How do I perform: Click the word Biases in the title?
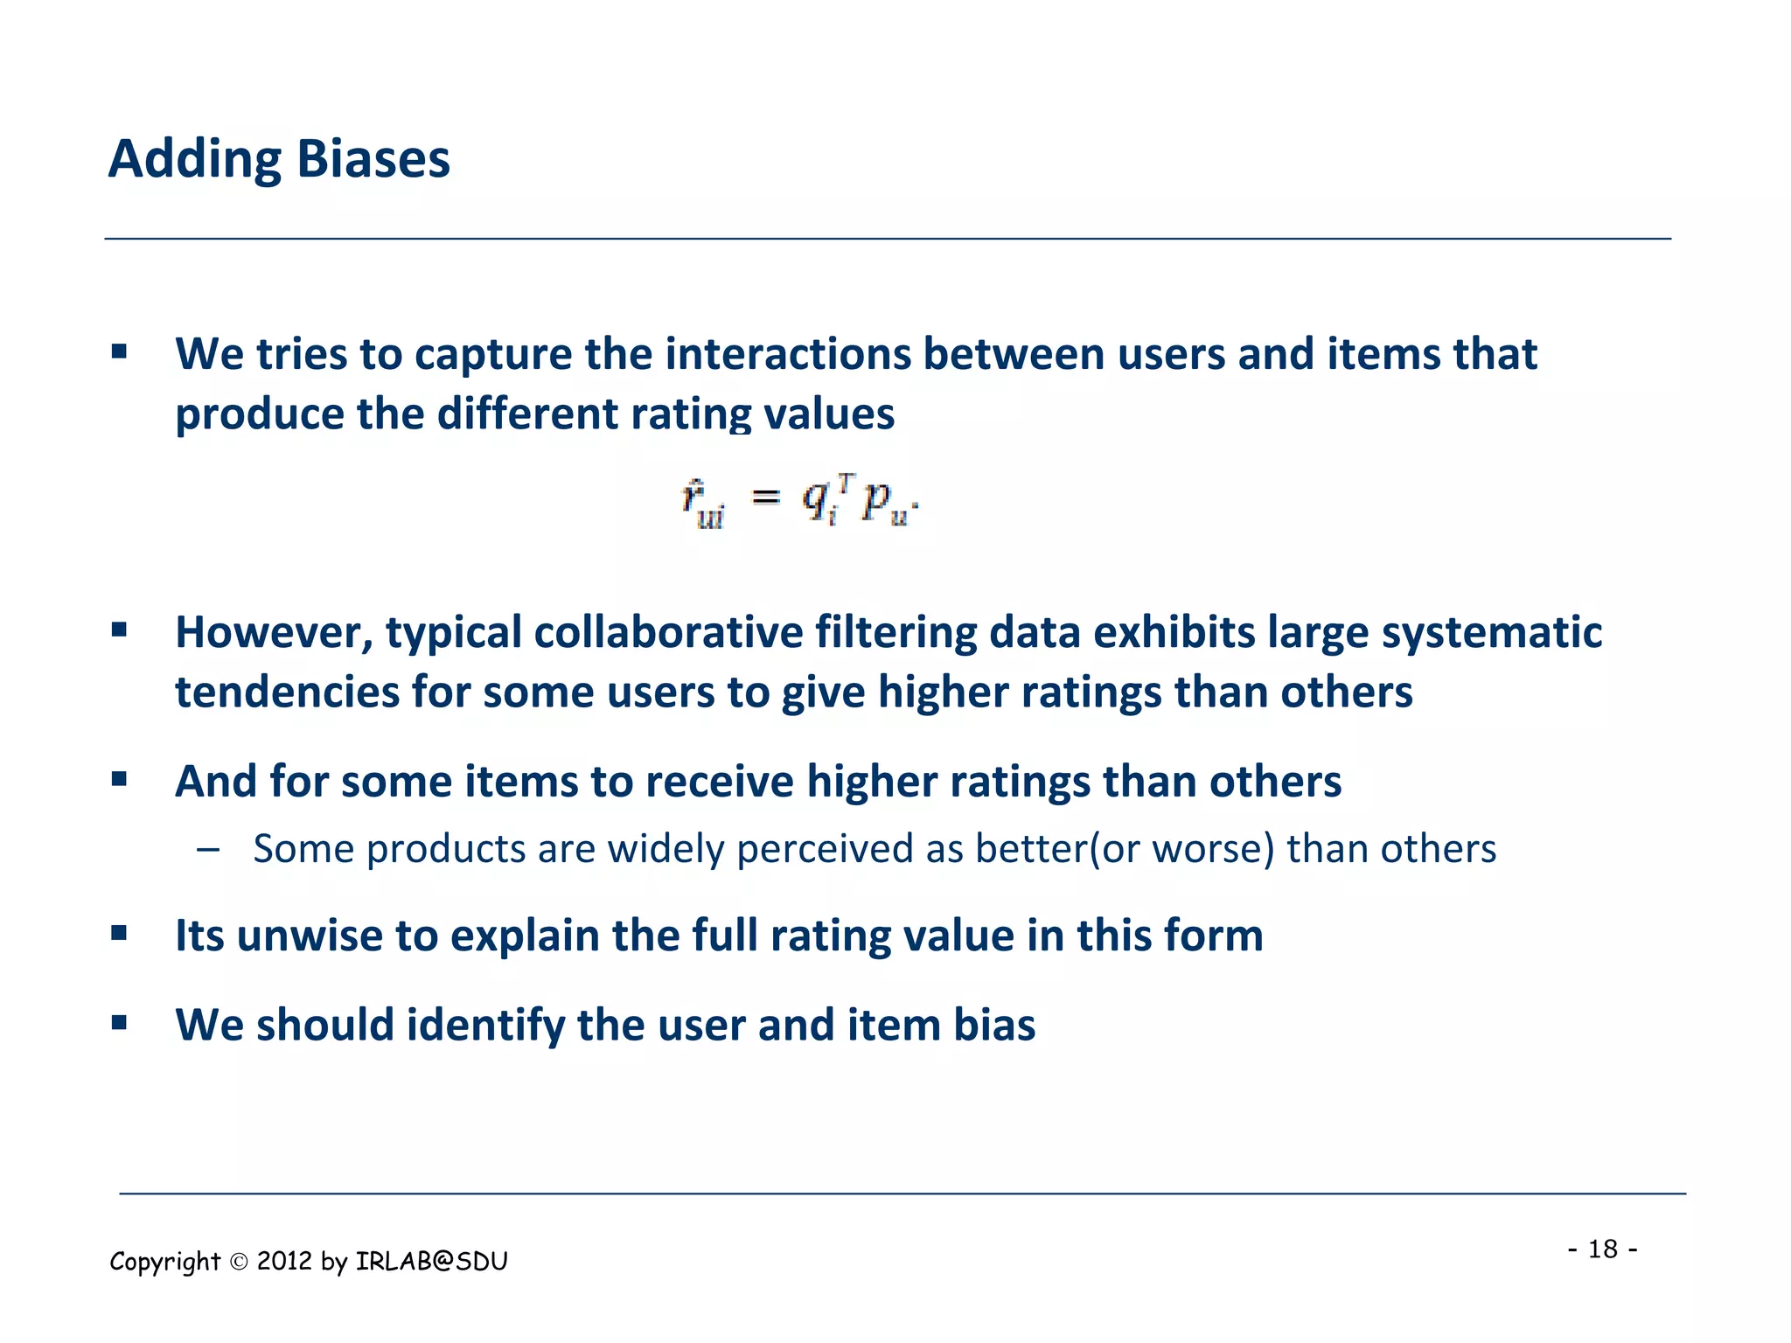click(x=373, y=159)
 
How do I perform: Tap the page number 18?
click(x=1603, y=1249)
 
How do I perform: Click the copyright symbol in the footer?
click(x=239, y=1262)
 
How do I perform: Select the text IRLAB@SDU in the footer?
click(x=432, y=1261)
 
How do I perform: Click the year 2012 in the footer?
click(x=284, y=1261)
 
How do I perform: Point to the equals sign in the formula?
click(x=766, y=498)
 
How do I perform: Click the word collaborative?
click(x=668, y=633)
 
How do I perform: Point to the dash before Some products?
click(x=208, y=849)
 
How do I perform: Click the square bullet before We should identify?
click(x=120, y=1022)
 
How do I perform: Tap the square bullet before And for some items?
click(x=120, y=778)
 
